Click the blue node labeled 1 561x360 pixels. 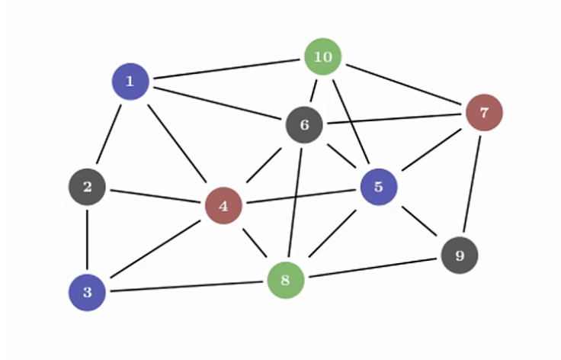(x=130, y=81)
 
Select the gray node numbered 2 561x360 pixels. (x=87, y=187)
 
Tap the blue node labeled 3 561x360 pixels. (x=87, y=292)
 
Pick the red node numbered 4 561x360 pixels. (x=223, y=205)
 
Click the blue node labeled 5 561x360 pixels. (x=379, y=187)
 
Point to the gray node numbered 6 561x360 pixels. (x=304, y=125)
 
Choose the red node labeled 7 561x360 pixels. (x=484, y=113)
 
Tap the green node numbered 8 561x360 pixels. (x=286, y=280)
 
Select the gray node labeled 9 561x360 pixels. (x=460, y=255)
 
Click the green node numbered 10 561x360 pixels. (x=323, y=57)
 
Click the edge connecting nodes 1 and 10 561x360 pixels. (x=227, y=69)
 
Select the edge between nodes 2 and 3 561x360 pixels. (x=87, y=239)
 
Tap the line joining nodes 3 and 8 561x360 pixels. (x=187, y=286)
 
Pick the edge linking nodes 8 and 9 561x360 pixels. (x=373, y=268)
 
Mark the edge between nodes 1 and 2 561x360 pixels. (x=109, y=133)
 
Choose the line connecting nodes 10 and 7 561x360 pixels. (x=404, y=85)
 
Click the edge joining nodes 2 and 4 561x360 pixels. (x=155, y=196)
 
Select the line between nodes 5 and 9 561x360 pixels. (x=419, y=221)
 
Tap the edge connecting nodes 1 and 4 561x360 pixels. (x=177, y=143)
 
